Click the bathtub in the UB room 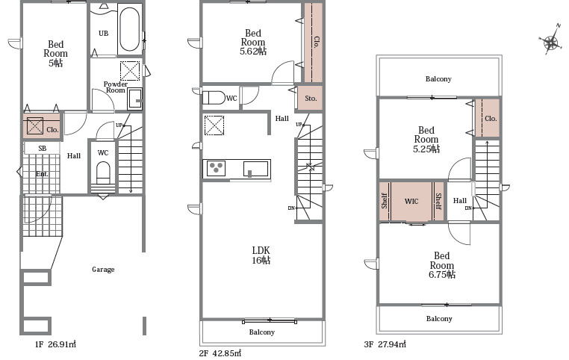(129, 29)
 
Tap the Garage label (103, 270)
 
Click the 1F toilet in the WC (103, 173)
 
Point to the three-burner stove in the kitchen (216, 168)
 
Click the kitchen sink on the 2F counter (255, 169)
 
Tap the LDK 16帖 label (261, 255)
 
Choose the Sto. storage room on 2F (311, 98)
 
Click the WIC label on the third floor (411, 201)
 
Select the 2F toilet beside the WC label (214, 98)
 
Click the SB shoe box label (42, 148)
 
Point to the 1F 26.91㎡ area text (55, 344)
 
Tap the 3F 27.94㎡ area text (385, 344)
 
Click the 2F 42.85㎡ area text (220, 353)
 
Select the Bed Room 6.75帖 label (441, 265)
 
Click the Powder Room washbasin (134, 99)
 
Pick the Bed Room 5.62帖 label (253, 42)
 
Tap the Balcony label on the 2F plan (261, 332)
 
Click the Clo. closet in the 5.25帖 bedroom (488, 118)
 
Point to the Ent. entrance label (42, 174)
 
